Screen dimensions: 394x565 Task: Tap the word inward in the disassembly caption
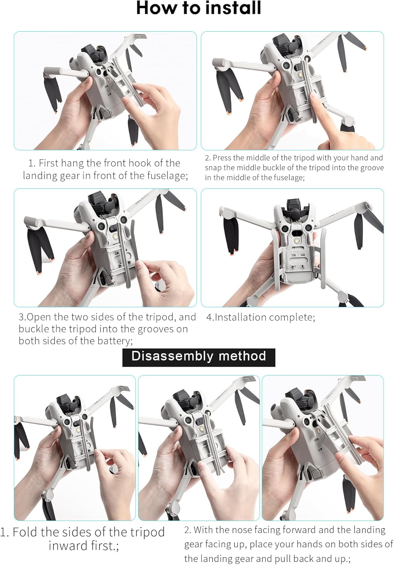(x=64, y=546)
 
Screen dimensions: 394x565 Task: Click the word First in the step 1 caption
(x=49, y=163)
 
